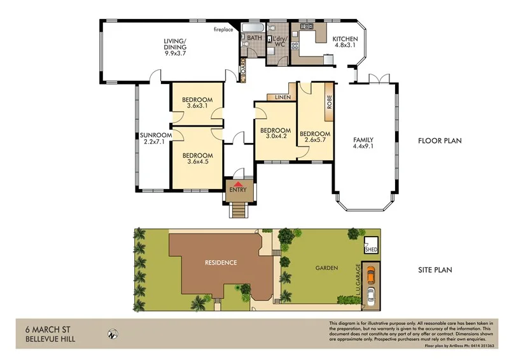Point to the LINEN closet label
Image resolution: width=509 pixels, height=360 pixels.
tap(283, 97)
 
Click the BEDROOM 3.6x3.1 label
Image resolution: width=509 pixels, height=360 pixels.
tap(197, 103)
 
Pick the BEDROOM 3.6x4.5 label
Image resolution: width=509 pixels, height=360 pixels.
tap(197, 159)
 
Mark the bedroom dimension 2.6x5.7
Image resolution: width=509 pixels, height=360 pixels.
tap(315, 139)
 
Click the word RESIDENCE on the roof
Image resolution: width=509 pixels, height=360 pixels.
tap(220, 262)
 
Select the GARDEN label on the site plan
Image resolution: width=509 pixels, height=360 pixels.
tap(324, 268)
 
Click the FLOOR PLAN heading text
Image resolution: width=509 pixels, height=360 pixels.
tap(439, 141)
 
